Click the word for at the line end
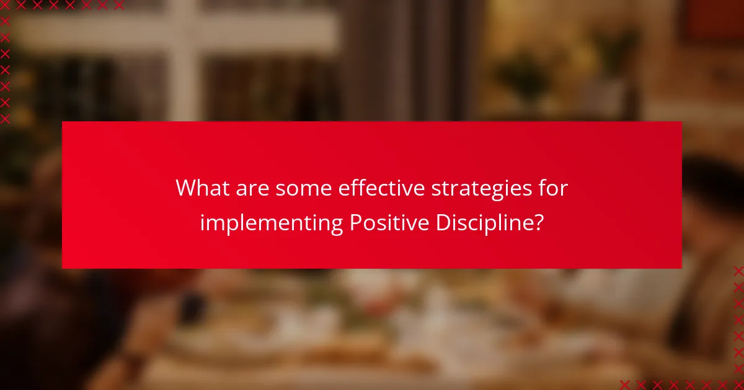click(x=553, y=188)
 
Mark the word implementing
click(x=271, y=223)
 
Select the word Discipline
click(x=481, y=223)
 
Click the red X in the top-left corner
click(x=5, y=5)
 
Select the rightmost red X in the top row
click(x=118, y=5)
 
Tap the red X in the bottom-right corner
click(x=738, y=384)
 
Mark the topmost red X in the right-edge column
click(x=738, y=271)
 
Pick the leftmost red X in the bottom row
click(x=625, y=384)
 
